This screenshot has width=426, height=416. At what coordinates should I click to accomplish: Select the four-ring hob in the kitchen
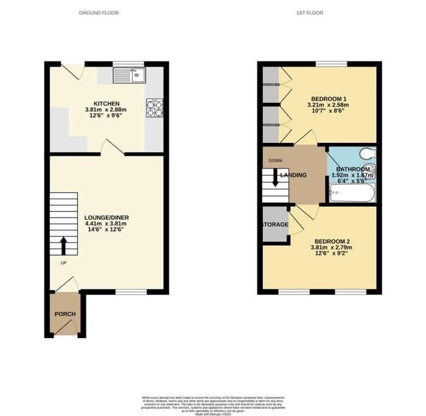click(x=153, y=108)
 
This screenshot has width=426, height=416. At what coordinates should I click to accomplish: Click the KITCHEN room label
click(x=102, y=103)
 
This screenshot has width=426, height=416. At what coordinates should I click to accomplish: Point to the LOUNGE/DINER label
click(x=107, y=217)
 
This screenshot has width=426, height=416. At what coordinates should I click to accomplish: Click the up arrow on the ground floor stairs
click(x=63, y=246)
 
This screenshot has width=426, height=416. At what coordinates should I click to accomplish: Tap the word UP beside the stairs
click(x=63, y=263)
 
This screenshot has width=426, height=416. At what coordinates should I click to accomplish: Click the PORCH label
click(x=65, y=314)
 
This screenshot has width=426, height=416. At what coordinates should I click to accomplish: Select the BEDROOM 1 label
click(x=329, y=99)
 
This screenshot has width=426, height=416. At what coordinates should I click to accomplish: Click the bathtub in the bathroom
click(x=352, y=195)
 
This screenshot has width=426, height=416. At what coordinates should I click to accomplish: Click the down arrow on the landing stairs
click(x=275, y=177)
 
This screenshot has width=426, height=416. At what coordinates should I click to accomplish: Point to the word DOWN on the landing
click(x=275, y=161)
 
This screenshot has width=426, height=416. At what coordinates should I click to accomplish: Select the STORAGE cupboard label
click(x=275, y=224)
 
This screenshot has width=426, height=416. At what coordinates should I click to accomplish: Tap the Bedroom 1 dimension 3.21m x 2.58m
click(x=329, y=105)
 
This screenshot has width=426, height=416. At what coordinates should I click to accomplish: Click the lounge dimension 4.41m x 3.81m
click(x=107, y=224)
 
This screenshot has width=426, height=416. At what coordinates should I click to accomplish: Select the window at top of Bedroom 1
click(x=331, y=63)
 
